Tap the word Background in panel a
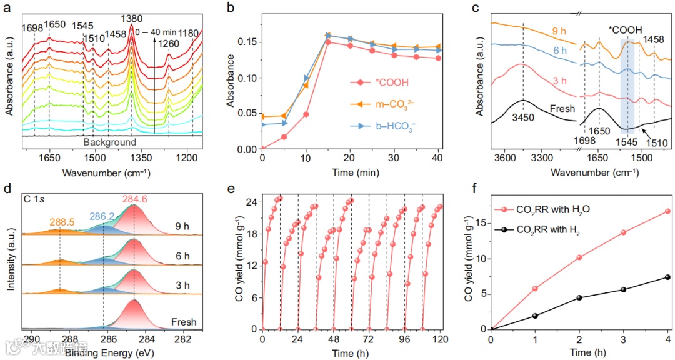tap(112, 142)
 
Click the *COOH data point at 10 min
tap(306, 114)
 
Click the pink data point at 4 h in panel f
tap(667, 211)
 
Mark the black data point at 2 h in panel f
tap(579, 297)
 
